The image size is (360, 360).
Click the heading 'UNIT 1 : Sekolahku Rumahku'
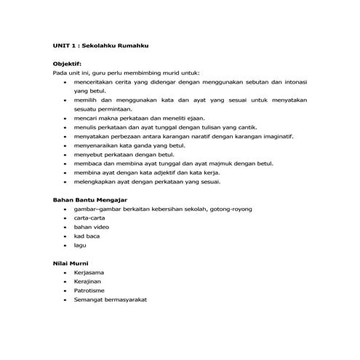[101, 45]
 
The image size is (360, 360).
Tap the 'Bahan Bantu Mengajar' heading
[90, 199]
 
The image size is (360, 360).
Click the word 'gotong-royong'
[231, 209]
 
